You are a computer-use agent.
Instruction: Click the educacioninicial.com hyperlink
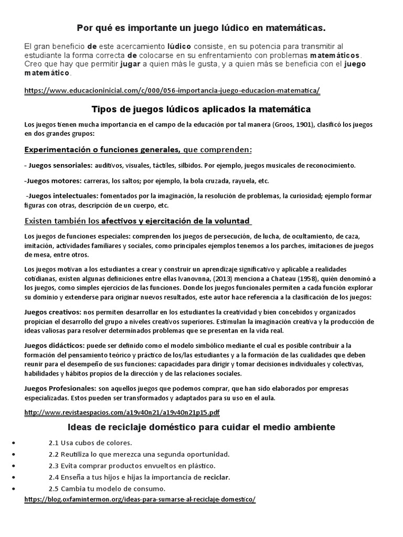click(x=172, y=91)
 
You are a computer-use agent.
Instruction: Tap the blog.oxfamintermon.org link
click(x=140, y=500)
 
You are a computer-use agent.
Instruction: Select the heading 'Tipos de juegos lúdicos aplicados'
click(x=201, y=109)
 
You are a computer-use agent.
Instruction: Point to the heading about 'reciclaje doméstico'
click(x=201, y=427)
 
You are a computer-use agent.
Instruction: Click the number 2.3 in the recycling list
click(x=54, y=466)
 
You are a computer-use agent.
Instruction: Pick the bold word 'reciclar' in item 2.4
click(x=216, y=477)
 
